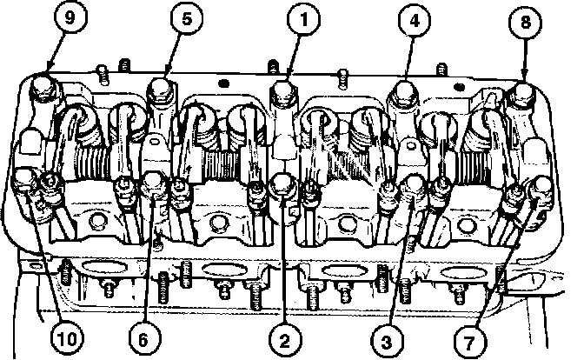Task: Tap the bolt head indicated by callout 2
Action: pos(282,184)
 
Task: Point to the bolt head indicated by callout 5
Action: pos(158,87)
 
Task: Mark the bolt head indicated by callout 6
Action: pos(155,183)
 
